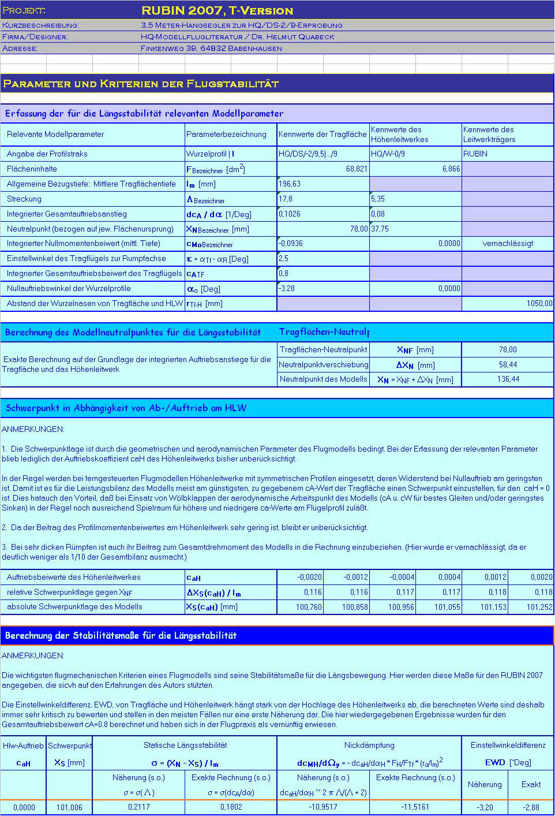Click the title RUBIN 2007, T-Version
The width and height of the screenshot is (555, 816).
pos(217,10)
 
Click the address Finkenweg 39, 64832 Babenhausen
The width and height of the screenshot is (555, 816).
pos(211,49)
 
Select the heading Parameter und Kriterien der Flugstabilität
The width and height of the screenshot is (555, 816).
pos(141,84)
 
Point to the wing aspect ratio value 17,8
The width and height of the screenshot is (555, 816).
pos(286,199)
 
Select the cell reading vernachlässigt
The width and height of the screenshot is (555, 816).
pos(508,243)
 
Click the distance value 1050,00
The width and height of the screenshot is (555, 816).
pos(539,303)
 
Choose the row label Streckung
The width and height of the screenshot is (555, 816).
pos(24,199)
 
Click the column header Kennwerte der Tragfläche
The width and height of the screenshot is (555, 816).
pos(322,134)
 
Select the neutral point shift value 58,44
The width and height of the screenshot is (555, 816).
pos(508,364)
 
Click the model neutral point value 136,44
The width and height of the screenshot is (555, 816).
pos(508,379)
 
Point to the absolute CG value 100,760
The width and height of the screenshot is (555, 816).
pos(309,607)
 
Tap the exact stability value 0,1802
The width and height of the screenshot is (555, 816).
pos(231,807)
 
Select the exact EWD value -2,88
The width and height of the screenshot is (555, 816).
pos(531,807)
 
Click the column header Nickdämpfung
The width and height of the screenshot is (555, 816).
pos(369,746)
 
